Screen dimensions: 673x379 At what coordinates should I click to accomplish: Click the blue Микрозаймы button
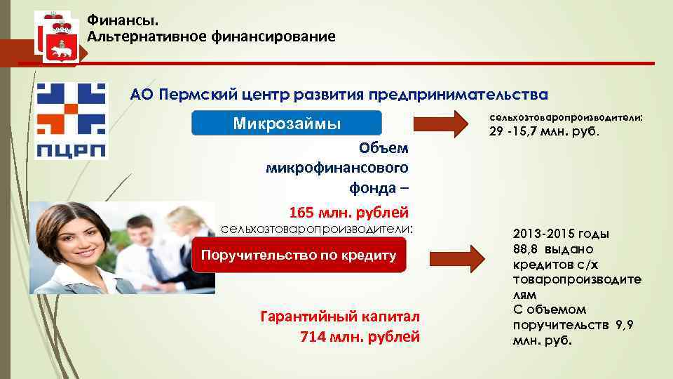pos(287,124)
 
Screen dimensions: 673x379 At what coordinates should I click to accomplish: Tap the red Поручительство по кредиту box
pos(299,255)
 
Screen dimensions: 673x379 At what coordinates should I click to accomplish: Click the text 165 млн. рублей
pos(348,212)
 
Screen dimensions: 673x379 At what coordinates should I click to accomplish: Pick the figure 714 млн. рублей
pos(360,336)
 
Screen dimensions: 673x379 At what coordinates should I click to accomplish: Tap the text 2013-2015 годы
pos(561,234)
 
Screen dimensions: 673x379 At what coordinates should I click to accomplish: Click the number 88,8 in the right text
pos(529,248)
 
